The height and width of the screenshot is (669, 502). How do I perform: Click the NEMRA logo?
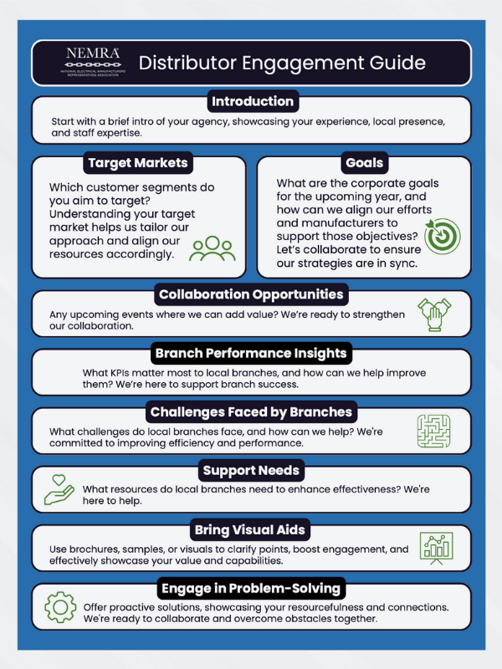(x=93, y=61)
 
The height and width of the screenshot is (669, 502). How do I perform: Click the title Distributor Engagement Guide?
(x=282, y=63)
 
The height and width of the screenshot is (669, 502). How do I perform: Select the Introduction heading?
(x=253, y=102)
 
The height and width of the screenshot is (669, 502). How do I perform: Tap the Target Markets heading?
(x=136, y=162)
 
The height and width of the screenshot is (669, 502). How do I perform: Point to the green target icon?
(x=443, y=236)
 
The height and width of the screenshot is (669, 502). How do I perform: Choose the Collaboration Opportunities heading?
(x=252, y=294)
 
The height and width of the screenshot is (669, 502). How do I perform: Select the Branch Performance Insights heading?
(x=251, y=353)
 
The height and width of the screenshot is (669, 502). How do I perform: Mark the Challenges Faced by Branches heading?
(x=251, y=412)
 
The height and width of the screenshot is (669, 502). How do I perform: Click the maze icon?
(x=434, y=432)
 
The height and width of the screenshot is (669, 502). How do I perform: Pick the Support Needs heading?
(x=252, y=472)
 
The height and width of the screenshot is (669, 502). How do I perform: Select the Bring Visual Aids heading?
(x=252, y=530)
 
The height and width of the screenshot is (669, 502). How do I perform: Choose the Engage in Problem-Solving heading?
(x=252, y=589)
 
